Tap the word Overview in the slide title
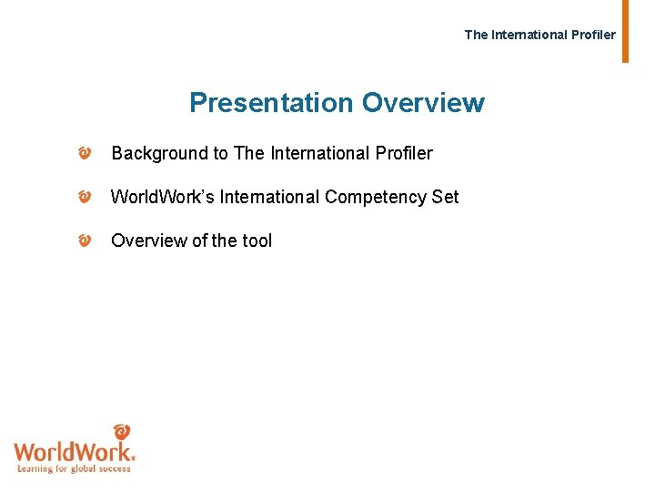423,103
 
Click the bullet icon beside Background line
84,154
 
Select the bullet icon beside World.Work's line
84,197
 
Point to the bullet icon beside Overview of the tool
84,241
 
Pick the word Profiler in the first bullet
403,154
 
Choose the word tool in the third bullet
257,241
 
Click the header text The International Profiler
539,35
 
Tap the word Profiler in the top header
593,35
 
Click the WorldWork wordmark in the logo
74,451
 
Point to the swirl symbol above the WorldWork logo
121,431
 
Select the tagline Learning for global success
75,468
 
